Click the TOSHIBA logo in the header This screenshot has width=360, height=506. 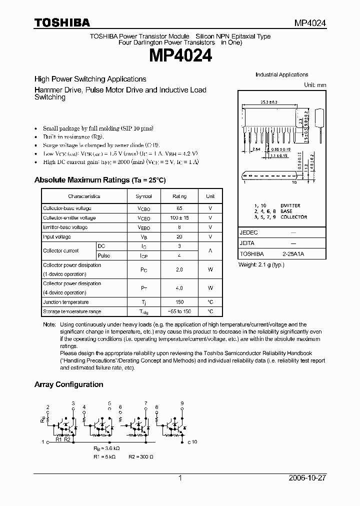pyautogui.click(x=62, y=22)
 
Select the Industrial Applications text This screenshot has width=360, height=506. pyautogui.click(x=281, y=74)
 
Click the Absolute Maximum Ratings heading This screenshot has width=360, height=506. pyautogui.click(x=99, y=180)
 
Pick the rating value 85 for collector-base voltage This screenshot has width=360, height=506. pyautogui.click(x=179, y=208)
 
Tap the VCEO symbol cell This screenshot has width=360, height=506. pyautogui.click(x=143, y=218)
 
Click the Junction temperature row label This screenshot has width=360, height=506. pyautogui.click(x=66, y=302)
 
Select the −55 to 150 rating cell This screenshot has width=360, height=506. pyautogui.click(x=179, y=311)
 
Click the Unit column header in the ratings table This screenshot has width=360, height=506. pyautogui.click(x=210, y=196)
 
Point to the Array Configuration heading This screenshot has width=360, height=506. pyautogui.click(x=68, y=384)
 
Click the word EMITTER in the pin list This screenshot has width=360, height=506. pyautogui.click(x=290, y=205)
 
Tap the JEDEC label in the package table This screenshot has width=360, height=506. pyautogui.click(x=249, y=233)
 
